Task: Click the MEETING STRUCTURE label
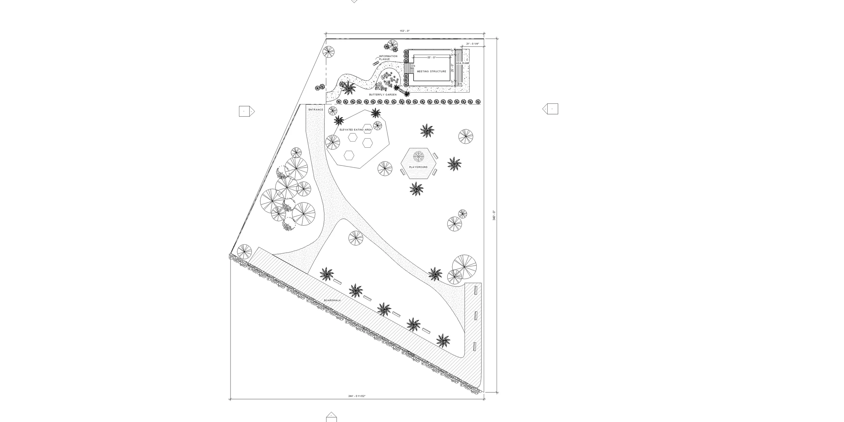click(x=431, y=72)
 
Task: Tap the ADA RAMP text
click(x=463, y=63)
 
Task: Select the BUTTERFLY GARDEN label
click(x=383, y=95)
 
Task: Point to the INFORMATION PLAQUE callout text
click(x=388, y=58)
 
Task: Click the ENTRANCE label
click(x=316, y=110)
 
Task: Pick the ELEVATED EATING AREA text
click(x=355, y=130)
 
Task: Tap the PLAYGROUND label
click(x=418, y=167)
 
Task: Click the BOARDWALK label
click(x=333, y=300)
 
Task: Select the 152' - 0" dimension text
click(x=404, y=31)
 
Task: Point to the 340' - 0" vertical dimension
click(x=494, y=216)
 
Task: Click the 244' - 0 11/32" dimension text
click(x=357, y=396)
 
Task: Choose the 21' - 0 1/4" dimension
click(x=472, y=44)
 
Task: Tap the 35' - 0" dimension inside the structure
click(x=431, y=58)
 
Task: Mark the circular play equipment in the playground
click(x=418, y=156)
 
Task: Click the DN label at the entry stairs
click(x=413, y=66)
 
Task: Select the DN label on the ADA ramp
click(x=460, y=83)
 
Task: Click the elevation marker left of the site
click(x=246, y=111)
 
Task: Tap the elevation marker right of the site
click(x=550, y=109)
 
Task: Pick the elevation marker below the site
click(x=332, y=417)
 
